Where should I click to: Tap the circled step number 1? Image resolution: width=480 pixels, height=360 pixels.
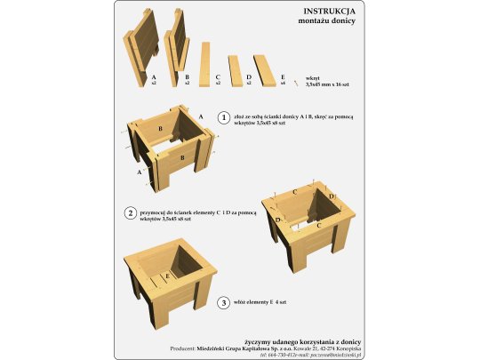coord(211,116)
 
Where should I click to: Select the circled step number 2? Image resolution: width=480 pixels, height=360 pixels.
coord(131,213)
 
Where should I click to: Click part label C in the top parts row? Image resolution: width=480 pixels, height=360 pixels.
coord(218,78)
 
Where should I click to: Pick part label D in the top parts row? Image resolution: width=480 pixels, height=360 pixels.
coord(249,78)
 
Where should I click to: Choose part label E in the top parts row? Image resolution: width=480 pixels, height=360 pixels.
coord(284,78)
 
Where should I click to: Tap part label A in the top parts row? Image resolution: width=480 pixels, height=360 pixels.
coord(154,78)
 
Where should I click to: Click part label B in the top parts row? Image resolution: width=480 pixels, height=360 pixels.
coord(187,78)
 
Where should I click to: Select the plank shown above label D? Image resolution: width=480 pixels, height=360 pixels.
coord(236,68)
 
